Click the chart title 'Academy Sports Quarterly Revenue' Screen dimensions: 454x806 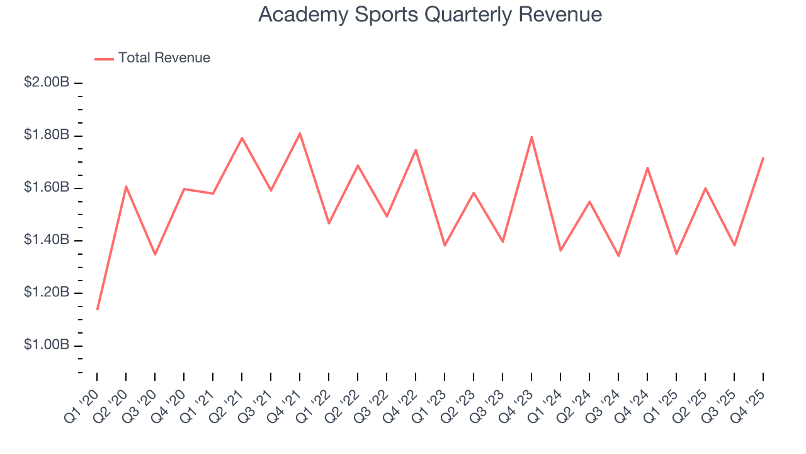(x=430, y=15)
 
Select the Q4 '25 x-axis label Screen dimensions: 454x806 (x=749, y=401)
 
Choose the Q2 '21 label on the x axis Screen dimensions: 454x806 (x=228, y=401)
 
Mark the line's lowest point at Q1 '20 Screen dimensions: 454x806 (x=97, y=309)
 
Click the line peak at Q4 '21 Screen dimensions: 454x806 (x=300, y=133)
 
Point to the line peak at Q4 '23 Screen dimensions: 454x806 (x=531, y=137)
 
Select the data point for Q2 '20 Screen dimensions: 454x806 (x=126, y=187)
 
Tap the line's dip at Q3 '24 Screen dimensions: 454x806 (x=618, y=256)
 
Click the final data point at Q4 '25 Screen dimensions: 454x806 (x=763, y=158)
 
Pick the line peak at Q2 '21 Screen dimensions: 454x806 (x=242, y=138)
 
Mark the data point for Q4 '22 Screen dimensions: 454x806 (x=416, y=149)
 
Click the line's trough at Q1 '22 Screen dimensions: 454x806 (x=329, y=223)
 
